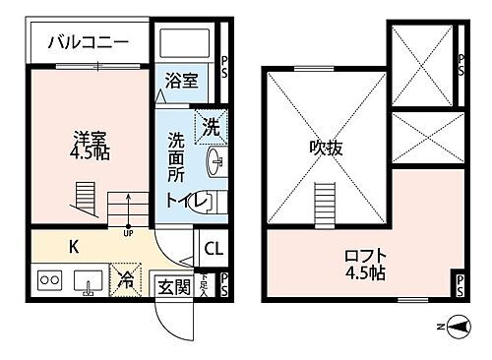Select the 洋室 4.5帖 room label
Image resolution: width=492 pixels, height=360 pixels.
[89, 146]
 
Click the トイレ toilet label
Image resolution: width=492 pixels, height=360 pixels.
[186, 201]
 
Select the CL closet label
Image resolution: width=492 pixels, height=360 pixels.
[214, 248]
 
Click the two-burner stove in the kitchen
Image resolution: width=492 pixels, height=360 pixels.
[50, 280]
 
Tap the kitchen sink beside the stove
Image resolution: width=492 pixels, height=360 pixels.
[88, 281]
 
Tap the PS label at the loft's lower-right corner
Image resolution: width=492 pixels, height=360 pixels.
[460, 286]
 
